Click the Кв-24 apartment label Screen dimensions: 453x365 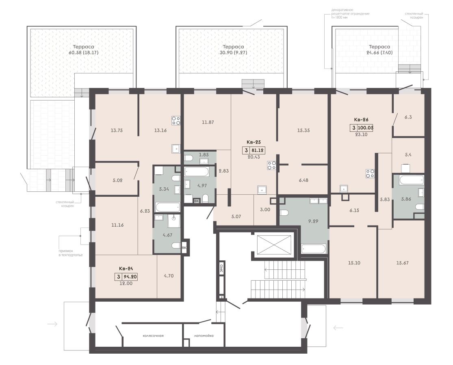[x=126, y=268]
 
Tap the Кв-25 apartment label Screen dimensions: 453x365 [x=254, y=142]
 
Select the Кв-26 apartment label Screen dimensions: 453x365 [x=361, y=119]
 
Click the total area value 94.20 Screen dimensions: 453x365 [x=130, y=277]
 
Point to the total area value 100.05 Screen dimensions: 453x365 [x=366, y=128]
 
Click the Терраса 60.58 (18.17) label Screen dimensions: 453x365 [x=84, y=49]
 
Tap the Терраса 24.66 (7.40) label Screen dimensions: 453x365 [x=379, y=49]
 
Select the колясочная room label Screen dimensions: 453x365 [x=153, y=335]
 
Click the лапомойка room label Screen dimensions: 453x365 [x=204, y=335]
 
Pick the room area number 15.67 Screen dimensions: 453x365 [x=402, y=263]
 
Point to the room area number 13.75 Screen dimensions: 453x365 [x=117, y=130]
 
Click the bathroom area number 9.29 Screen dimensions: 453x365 [x=313, y=221]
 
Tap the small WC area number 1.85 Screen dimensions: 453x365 [x=204, y=155]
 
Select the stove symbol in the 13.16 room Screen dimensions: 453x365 [x=176, y=120]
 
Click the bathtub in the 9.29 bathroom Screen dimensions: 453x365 [x=314, y=249]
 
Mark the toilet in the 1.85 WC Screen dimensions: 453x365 [x=189, y=158]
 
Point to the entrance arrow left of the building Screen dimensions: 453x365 [x=52, y=324]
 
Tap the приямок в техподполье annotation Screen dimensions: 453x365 [x=71, y=253]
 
